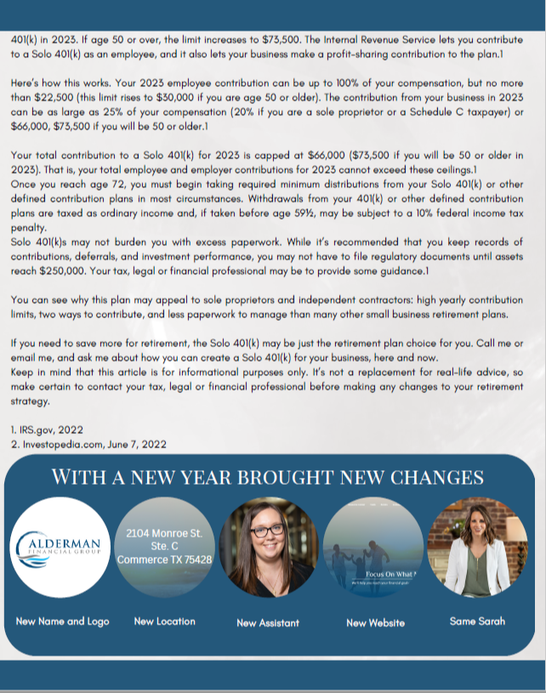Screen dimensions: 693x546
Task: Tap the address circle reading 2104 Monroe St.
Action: pos(164,547)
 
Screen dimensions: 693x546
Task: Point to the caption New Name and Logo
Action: pos(63,622)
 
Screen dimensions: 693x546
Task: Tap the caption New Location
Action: pos(164,622)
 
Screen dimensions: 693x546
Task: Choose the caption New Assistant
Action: pos(268,623)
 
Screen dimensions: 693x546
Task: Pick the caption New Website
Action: pos(370,623)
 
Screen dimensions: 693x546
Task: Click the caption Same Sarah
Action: pos(476,621)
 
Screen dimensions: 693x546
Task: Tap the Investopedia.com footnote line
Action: pos(88,444)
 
